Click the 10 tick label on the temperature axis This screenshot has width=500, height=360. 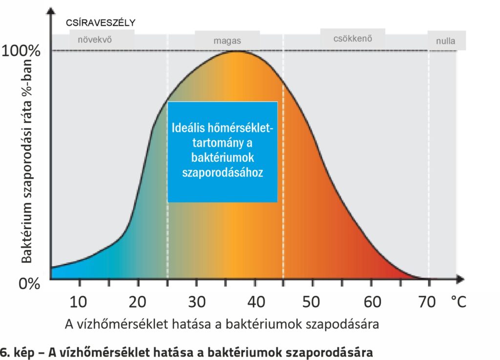point(78,302)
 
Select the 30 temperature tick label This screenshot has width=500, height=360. point(197,302)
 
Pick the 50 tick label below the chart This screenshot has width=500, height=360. point(313,302)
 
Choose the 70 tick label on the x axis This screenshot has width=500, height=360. point(428,302)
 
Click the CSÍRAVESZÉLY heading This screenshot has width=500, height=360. point(101,22)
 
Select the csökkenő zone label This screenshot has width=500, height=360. point(353,39)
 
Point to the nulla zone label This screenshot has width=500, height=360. point(445,42)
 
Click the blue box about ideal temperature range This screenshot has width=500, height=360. point(223,151)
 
